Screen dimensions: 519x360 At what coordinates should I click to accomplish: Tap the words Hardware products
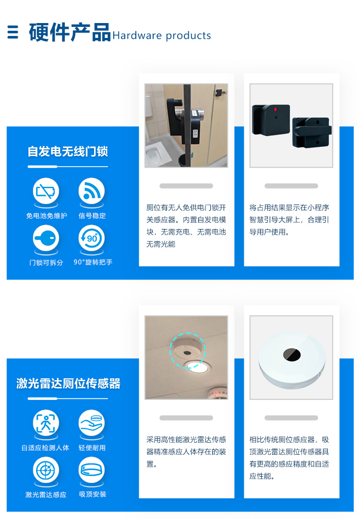click(162, 36)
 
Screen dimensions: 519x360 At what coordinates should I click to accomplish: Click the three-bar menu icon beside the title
click(13, 32)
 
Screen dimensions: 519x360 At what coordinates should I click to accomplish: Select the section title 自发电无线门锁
click(68, 152)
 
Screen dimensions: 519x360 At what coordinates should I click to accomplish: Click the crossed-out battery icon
click(46, 191)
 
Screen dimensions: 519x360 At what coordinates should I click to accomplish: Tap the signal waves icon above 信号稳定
click(91, 191)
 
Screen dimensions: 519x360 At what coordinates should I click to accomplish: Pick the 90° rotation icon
click(91, 238)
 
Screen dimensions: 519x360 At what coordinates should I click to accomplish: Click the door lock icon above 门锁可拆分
click(46, 238)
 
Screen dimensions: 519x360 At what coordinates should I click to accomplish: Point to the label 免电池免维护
click(47, 216)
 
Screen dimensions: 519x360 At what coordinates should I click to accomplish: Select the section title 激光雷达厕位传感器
click(68, 384)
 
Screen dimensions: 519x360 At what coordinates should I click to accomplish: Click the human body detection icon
click(46, 423)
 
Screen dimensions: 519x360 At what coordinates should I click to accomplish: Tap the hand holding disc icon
click(91, 423)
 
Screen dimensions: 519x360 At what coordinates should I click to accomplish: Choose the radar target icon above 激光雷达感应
click(46, 470)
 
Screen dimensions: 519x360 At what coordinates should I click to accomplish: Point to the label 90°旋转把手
click(93, 263)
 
